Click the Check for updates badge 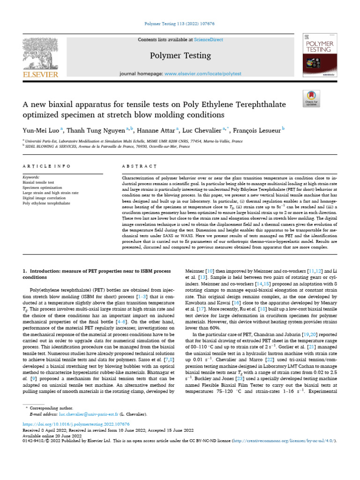tap(312, 99)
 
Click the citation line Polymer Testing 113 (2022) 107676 tap(180, 23)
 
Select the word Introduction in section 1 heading tap(45, 271)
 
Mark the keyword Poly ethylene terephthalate tap(50, 203)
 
